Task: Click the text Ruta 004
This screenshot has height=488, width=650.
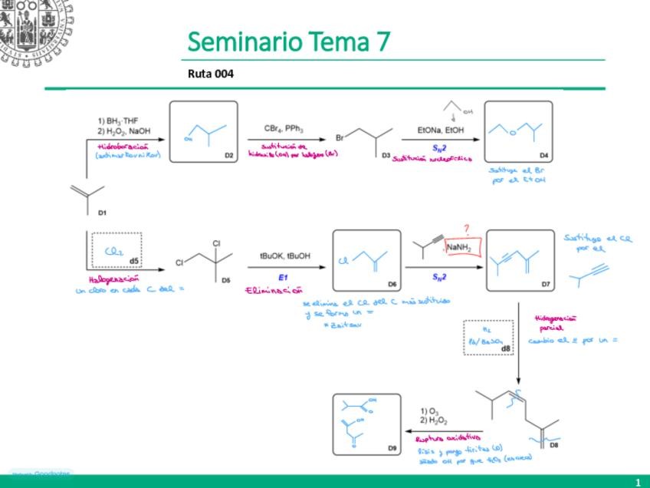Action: click(210, 74)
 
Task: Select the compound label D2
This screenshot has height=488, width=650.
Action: click(228, 155)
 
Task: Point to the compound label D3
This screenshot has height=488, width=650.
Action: click(386, 155)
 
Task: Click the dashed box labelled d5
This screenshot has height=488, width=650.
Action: click(113, 249)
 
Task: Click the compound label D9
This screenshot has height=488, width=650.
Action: click(391, 447)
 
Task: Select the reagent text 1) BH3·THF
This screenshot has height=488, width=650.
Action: click(117, 120)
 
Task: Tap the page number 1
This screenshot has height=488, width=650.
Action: click(637, 482)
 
